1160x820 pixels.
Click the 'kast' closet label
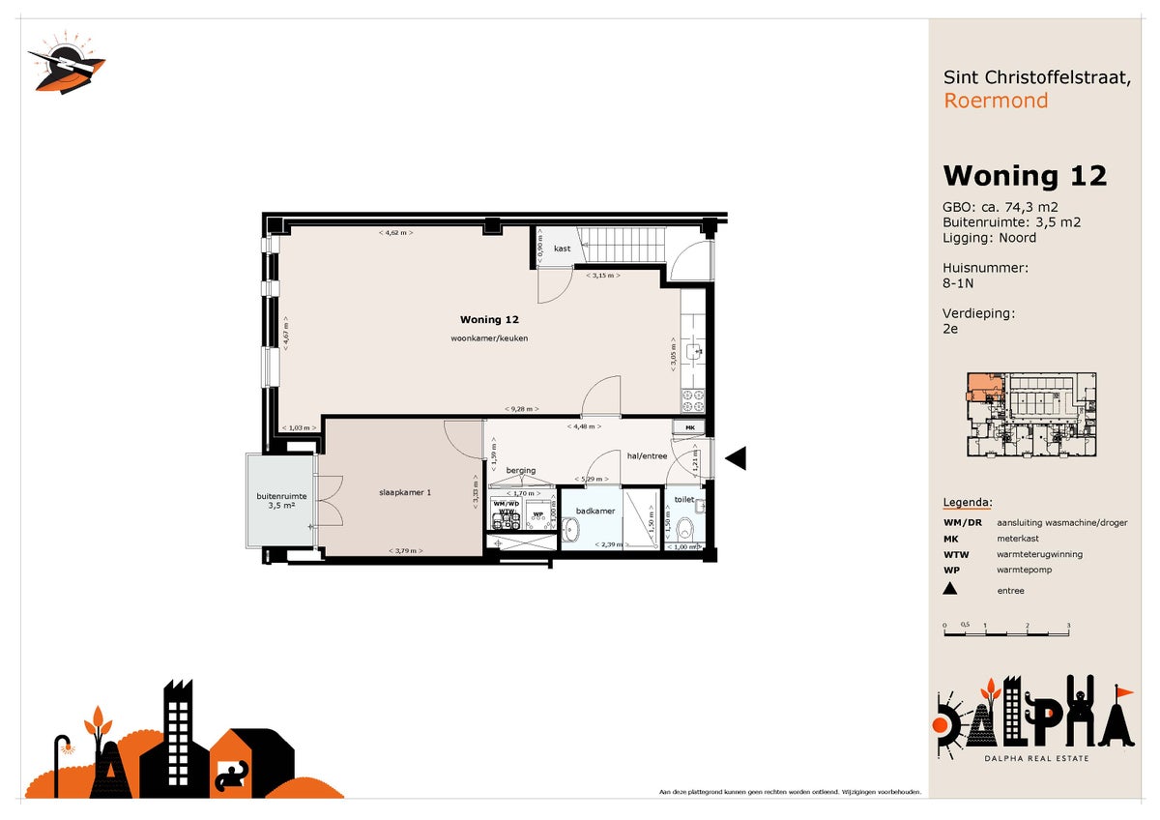(x=562, y=249)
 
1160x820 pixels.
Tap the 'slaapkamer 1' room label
(x=404, y=492)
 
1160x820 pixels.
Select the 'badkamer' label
(x=595, y=511)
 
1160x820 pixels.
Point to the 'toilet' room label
(x=684, y=500)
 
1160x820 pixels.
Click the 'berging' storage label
(x=520, y=471)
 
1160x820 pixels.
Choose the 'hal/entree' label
(x=647, y=455)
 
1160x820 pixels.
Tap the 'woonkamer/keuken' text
(x=489, y=338)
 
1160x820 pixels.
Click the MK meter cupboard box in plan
(x=690, y=427)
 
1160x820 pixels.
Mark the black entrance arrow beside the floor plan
(x=736, y=458)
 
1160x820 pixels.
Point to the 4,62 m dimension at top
(x=395, y=233)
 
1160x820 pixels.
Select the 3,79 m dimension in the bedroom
(x=404, y=551)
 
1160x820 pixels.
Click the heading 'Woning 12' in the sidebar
(x=1024, y=175)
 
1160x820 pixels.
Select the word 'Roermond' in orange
(x=995, y=101)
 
